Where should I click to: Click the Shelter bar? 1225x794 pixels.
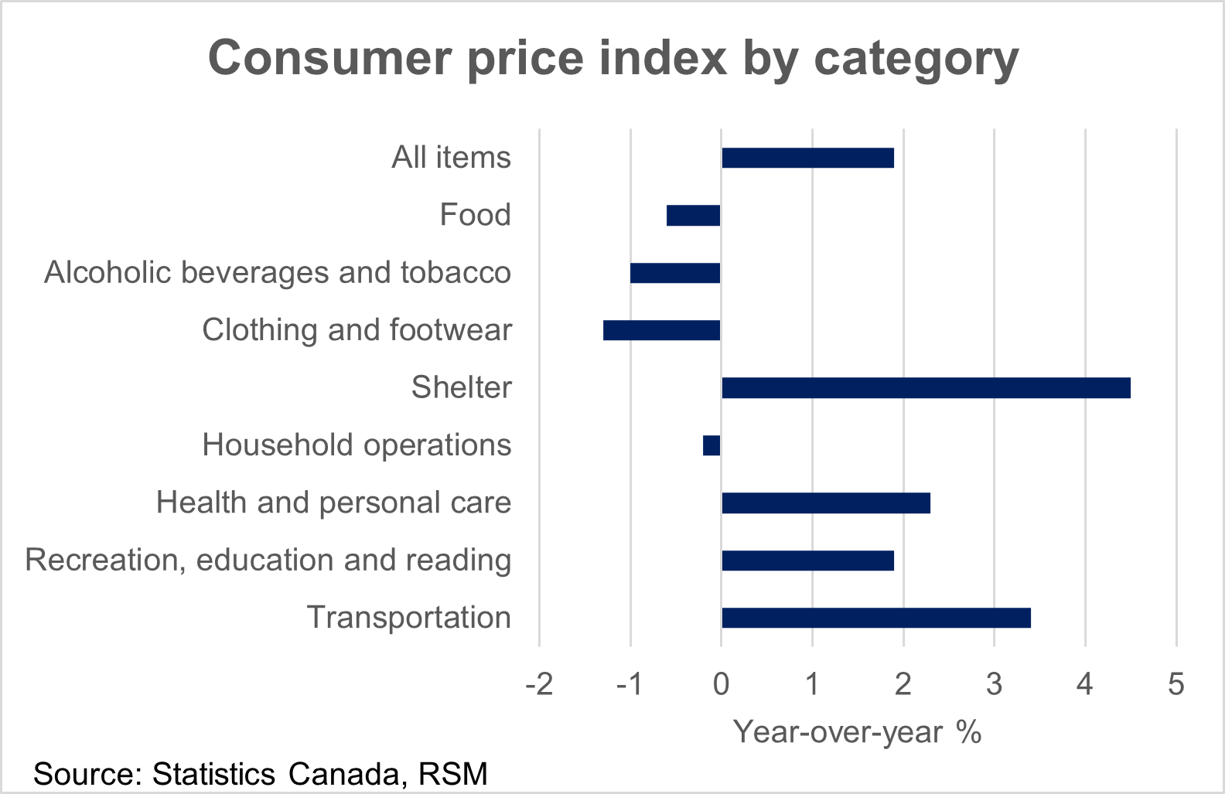(x=926, y=388)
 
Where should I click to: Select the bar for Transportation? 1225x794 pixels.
(x=876, y=618)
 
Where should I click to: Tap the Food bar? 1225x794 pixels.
(x=693, y=216)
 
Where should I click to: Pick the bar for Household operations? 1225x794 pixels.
(x=711, y=445)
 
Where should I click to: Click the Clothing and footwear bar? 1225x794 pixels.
(x=661, y=330)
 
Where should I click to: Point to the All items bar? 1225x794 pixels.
(x=807, y=158)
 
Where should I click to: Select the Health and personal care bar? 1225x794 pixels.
(x=826, y=503)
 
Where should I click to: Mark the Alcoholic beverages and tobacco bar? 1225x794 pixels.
(x=675, y=273)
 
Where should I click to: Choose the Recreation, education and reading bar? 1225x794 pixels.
(x=807, y=561)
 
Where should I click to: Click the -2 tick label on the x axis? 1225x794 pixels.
(x=539, y=684)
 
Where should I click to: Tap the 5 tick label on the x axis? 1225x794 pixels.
(x=1176, y=684)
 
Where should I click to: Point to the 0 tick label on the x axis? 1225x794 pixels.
(x=721, y=684)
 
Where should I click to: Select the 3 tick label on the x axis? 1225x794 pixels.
(x=995, y=684)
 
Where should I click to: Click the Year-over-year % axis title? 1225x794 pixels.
(x=857, y=731)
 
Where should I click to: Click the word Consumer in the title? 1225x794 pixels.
(x=330, y=58)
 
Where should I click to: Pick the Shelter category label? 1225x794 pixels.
(x=461, y=387)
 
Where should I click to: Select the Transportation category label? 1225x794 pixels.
(x=409, y=618)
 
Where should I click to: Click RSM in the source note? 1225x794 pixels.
(x=453, y=774)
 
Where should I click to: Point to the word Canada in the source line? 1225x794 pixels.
(x=348, y=774)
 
